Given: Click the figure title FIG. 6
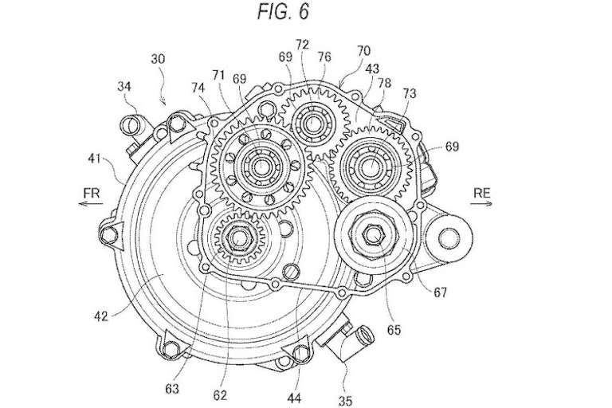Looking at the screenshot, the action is point(283,11).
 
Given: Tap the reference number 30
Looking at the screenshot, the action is point(158,59).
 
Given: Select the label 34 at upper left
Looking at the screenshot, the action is point(124,87).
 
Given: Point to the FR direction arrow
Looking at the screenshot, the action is point(91,203).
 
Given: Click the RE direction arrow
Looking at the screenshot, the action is point(481,203).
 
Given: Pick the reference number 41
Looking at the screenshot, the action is point(95,159).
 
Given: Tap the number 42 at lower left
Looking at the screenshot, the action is point(100,316).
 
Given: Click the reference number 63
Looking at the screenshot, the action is point(172,389).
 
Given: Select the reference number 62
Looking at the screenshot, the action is point(220,394).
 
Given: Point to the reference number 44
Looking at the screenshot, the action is point(294,398).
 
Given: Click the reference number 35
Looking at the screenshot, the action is point(345,401).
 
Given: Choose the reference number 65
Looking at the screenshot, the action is point(394,330).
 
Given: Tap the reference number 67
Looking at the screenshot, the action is point(440,292).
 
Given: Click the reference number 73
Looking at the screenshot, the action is point(410,93).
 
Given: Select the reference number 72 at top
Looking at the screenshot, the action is point(302,44).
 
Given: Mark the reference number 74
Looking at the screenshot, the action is point(198,88).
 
